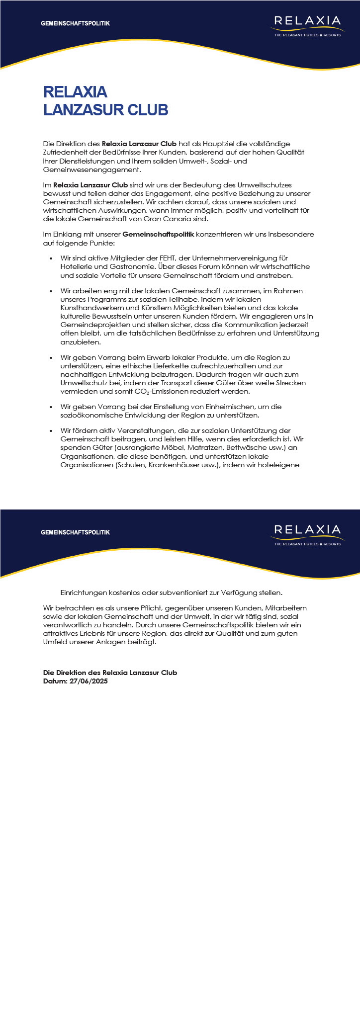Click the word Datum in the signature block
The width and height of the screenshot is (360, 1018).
(54, 681)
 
